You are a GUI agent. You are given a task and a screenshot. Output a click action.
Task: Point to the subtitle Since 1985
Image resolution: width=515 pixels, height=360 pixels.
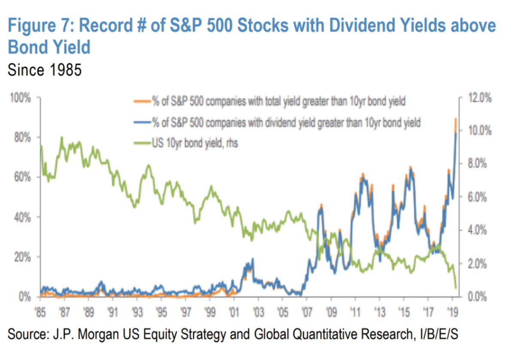[x=44, y=70]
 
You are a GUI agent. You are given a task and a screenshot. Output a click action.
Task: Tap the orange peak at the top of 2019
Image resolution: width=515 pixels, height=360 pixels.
[x=455, y=119]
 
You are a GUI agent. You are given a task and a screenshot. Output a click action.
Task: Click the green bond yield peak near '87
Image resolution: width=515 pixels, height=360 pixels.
[x=62, y=138]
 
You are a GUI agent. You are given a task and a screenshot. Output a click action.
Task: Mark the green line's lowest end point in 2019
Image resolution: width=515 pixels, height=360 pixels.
[x=456, y=287]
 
